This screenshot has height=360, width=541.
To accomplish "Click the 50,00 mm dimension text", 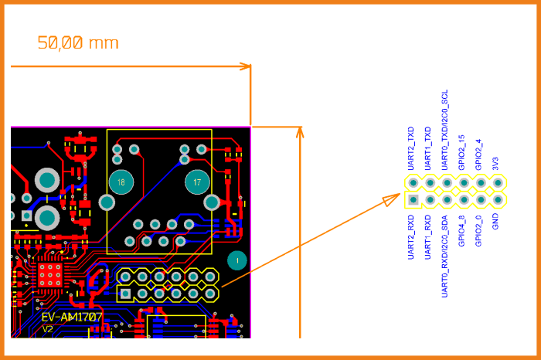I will (x=78, y=43).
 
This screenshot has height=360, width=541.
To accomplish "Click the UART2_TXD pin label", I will (x=411, y=148).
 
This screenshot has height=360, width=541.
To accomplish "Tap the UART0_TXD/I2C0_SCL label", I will (x=445, y=130).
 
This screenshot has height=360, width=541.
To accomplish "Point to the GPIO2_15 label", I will (x=462, y=152).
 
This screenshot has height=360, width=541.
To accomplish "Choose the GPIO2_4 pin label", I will (x=479, y=155).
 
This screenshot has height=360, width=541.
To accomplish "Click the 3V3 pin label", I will (x=496, y=163).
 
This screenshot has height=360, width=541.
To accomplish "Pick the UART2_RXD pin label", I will (x=411, y=236).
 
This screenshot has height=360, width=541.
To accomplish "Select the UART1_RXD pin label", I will (x=428, y=236).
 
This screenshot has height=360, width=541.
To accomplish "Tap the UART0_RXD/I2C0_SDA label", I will (x=445, y=256).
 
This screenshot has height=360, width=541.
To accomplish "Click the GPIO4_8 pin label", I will (x=462, y=231).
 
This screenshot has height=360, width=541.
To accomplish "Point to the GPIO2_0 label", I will (x=479, y=231).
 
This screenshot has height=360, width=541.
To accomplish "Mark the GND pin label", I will (x=496, y=222).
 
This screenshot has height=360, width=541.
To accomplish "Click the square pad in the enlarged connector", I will (x=413, y=200).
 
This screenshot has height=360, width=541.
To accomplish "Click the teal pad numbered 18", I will (x=121, y=182).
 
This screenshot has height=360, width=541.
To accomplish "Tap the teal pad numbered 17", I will (x=197, y=182).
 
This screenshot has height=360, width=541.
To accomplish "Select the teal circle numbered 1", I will (x=237, y=260).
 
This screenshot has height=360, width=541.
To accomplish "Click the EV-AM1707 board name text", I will (x=72, y=317).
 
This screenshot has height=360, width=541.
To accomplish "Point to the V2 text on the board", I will (x=48, y=329).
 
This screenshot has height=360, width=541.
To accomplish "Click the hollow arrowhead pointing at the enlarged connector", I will (x=392, y=200).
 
